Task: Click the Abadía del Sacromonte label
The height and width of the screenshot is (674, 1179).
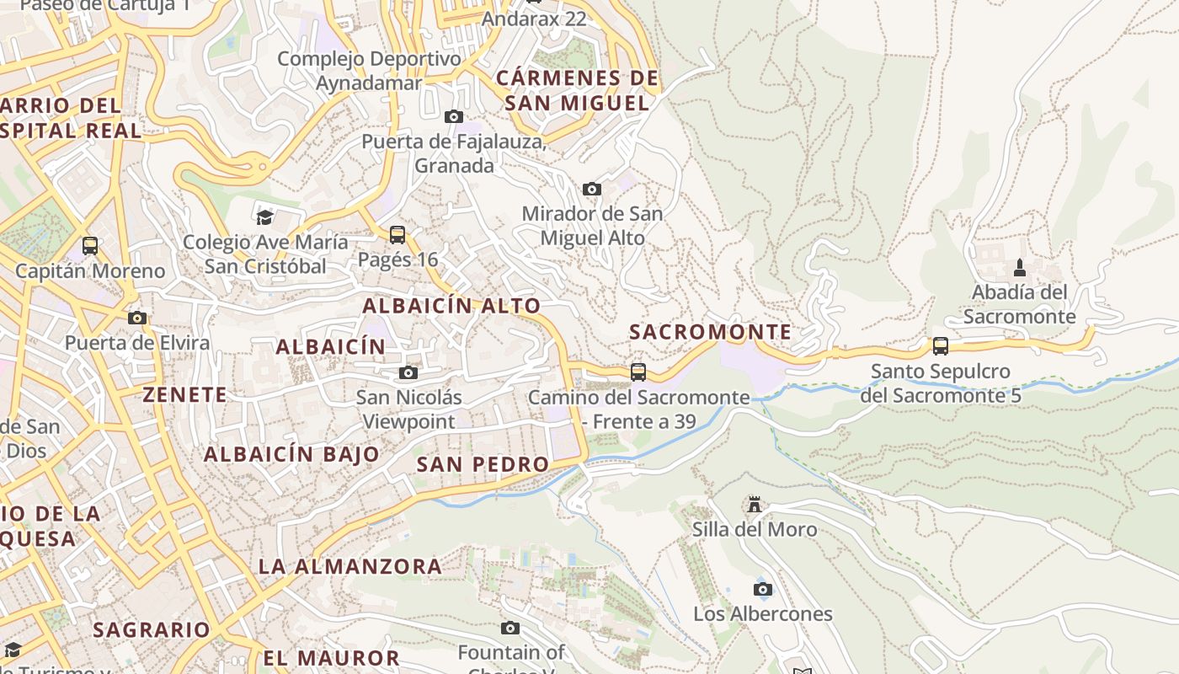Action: (1019, 304)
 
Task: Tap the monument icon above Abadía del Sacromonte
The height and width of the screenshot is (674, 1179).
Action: (1020, 268)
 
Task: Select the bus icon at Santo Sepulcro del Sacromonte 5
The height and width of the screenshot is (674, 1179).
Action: (940, 345)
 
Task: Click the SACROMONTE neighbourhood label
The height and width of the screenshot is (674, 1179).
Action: (711, 332)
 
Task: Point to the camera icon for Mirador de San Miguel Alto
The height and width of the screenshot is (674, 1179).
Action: (592, 189)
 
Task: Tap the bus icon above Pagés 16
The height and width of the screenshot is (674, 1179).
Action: (397, 234)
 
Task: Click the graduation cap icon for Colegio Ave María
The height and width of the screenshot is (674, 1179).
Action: (265, 217)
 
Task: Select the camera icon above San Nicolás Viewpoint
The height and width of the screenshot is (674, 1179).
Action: (408, 372)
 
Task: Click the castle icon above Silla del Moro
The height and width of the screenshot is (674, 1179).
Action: (755, 505)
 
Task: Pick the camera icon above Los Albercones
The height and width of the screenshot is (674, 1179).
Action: (763, 589)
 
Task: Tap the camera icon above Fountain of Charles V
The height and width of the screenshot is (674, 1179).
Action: (510, 628)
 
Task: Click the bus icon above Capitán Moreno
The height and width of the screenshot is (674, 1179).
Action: (90, 246)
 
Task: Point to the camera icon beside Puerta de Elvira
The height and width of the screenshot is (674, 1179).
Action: (137, 318)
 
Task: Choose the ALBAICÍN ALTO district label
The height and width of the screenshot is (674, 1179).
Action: (451, 306)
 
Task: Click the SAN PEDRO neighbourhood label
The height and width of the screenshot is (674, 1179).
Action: (483, 464)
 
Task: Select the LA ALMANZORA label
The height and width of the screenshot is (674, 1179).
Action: (350, 566)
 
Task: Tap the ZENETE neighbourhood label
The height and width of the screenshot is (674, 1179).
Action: (184, 394)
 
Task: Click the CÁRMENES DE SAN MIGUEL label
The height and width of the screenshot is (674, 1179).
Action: (578, 90)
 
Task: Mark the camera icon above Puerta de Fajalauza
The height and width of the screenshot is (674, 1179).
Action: (454, 116)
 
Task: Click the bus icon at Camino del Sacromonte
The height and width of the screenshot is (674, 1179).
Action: (638, 372)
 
